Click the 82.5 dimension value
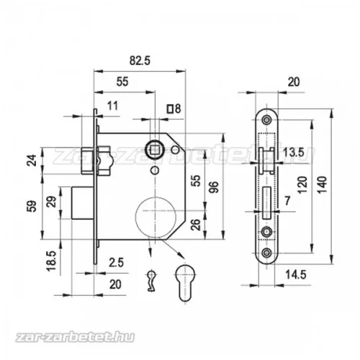[x=140, y=60]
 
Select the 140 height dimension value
[x=323, y=185]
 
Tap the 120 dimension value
[x=303, y=185]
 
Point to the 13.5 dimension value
[x=294, y=152]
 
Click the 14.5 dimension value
[x=296, y=274]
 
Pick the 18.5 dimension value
[x=51, y=261]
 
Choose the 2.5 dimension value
[x=116, y=263]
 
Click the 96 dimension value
[x=214, y=187]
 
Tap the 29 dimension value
[x=53, y=202]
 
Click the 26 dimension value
[x=196, y=225]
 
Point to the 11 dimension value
[x=112, y=106]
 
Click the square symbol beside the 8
[x=170, y=109]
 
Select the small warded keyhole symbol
[x=151, y=281]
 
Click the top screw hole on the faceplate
[x=266, y=120]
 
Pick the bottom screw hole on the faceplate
[x=266, y=253]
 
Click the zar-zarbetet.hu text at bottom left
[x=75, y=337]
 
